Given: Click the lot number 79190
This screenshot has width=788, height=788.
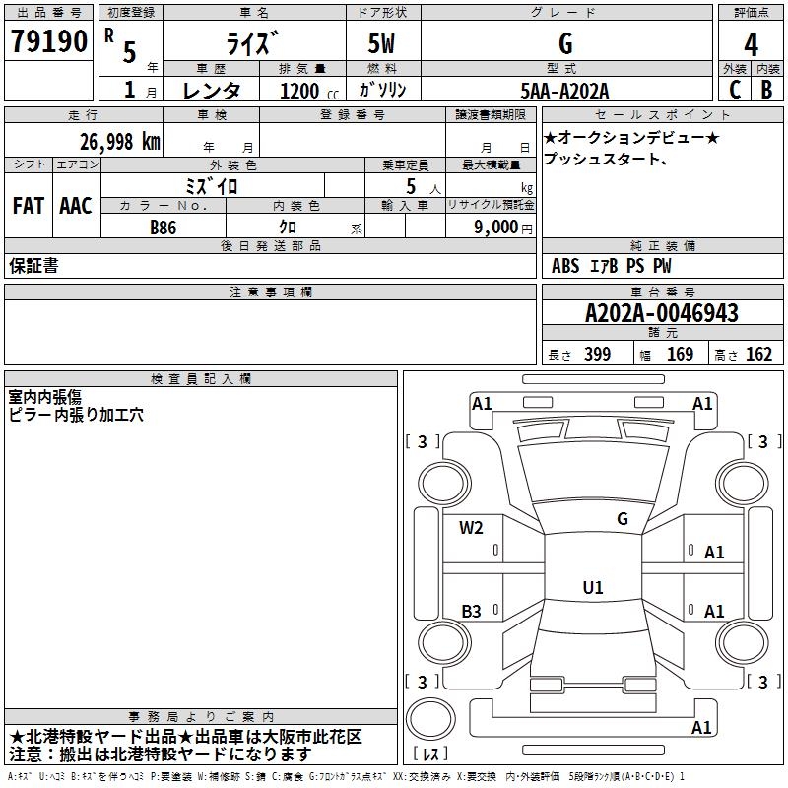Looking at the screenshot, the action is pos(48,40).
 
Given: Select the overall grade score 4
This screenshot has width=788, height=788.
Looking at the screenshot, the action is pos(751,44).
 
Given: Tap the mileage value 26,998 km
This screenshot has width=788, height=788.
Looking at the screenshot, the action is pos(120,142).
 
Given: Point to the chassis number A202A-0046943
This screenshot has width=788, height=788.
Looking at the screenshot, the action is pos(662,313).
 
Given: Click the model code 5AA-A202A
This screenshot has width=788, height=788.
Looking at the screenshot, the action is pos(564,91).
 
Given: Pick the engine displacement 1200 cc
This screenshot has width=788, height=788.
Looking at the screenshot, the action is pos(309,91).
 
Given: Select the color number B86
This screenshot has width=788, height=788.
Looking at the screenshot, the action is pos(164,228).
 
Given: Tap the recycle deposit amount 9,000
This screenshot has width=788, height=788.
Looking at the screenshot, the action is pos(495,227).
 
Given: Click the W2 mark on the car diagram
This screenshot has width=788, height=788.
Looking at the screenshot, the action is pos(471,527).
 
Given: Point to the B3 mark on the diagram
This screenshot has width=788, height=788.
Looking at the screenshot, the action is pos(471,611).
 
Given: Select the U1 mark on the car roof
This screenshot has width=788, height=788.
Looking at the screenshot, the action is pos(593,587).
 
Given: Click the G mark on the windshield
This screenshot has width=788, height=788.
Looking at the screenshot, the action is pos(623,518).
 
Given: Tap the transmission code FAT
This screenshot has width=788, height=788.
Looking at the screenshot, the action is pos(29,206).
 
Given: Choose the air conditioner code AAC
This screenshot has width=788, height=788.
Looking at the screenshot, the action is pos(76,206).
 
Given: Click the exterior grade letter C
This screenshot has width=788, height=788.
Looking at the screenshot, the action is pos(735,90).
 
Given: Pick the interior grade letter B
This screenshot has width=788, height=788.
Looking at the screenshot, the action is pos(766,90).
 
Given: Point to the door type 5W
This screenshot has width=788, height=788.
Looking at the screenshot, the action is pos(381,43).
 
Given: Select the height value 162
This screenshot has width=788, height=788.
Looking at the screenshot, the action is pos(758,354).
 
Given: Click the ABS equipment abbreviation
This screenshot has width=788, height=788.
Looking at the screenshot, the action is pos(565,266).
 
